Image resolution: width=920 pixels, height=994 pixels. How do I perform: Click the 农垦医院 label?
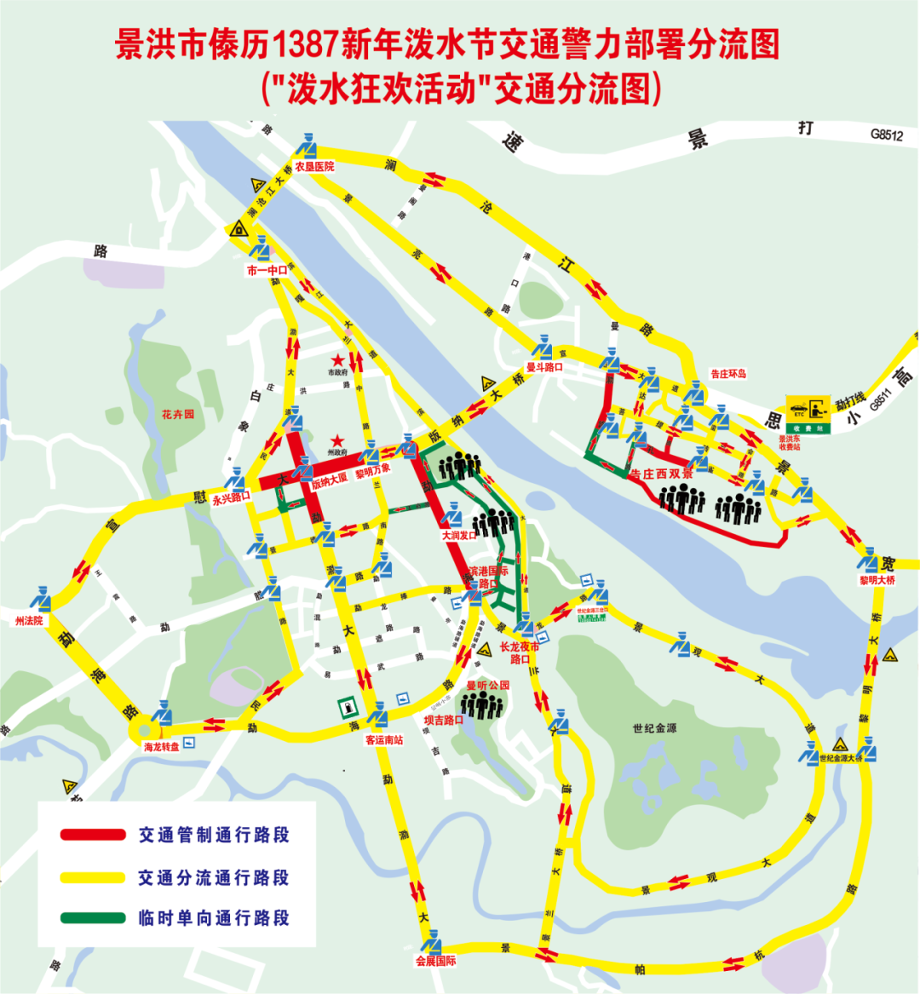(315, 167)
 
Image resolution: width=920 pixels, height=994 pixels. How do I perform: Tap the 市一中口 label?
(267, 271)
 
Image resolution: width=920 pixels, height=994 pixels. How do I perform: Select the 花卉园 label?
(178, 415)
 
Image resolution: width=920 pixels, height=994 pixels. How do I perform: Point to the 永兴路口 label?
(232, 498)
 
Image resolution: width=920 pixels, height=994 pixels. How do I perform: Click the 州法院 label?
(29, 621)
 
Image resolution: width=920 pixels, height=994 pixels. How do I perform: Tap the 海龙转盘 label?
(162, 747)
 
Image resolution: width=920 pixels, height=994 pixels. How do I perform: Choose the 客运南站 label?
(384, 740)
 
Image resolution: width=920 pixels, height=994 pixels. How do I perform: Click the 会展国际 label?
(436, 961)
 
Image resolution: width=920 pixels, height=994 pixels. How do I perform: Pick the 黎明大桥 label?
(877, 580)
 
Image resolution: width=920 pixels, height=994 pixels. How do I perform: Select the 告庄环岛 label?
(728, 373)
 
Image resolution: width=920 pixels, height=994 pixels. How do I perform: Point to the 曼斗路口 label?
(544, 367)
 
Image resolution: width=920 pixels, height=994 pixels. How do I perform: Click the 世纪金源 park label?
(654, 728)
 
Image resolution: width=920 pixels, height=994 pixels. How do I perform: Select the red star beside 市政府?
(338, 360)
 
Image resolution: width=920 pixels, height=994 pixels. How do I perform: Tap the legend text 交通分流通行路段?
(214, 877)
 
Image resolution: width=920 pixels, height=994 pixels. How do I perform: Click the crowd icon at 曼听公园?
(482, 704)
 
